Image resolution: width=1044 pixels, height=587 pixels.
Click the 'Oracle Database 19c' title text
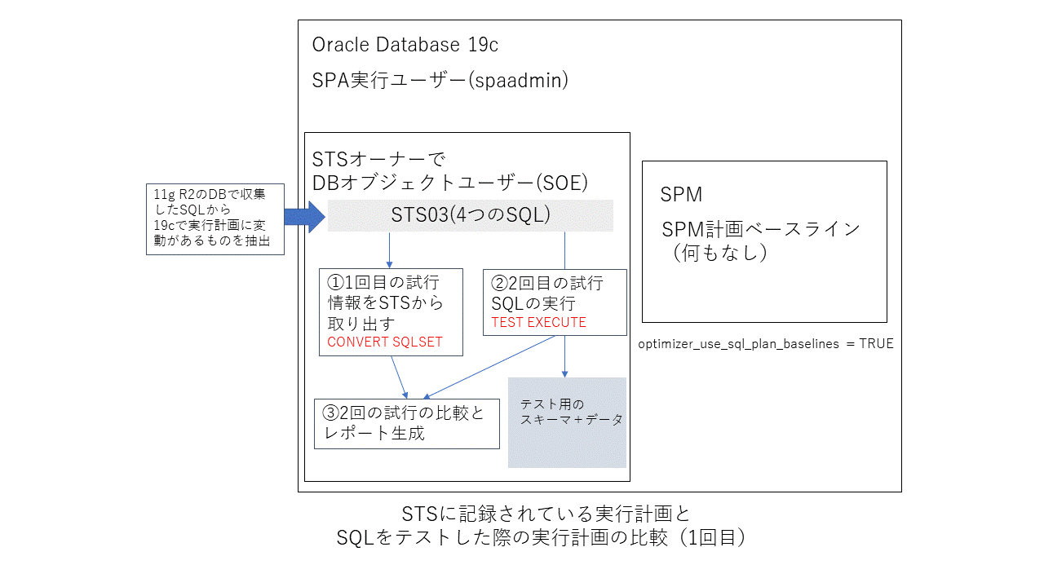(405, 45)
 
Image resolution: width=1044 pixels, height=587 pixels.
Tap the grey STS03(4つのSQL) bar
(471, 216)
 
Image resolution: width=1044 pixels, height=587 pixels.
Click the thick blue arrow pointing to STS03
(304, 216)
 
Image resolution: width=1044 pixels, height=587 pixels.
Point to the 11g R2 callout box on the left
(215, 218)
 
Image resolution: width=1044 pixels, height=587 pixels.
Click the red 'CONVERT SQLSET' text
(384, 342)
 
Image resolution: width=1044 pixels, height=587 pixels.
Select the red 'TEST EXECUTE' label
(538, 322)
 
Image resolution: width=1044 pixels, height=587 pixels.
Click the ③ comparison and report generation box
(406, 423)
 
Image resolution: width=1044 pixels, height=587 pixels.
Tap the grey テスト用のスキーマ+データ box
(567, 421)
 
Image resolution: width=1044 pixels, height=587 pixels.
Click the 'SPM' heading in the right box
(681, 195)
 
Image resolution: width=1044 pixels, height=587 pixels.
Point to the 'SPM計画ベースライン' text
(760, 229)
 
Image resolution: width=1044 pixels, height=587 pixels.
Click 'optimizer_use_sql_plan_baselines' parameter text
(739, 344)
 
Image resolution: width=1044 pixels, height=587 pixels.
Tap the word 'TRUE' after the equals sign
(875, 344)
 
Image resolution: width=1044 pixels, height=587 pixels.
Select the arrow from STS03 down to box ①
(389, 249)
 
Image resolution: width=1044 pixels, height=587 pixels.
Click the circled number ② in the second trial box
(499, 283)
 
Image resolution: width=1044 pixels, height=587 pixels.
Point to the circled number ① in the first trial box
(335, 282)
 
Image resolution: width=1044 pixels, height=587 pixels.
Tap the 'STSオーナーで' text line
(377, 157)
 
